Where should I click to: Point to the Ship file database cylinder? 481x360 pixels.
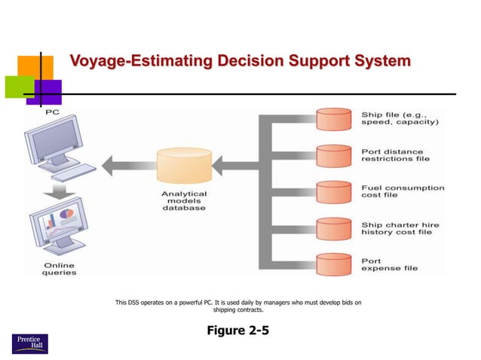click(x=334, y=119)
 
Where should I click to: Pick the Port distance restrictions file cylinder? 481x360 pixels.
click(x=334, y=155)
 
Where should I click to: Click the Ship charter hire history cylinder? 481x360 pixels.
click(x=334, y=227)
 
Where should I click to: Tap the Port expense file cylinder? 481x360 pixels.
click(x=334, y=264)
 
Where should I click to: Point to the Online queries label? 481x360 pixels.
click(x=59, y=268)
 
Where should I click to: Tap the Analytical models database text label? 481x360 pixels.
click(x=183, y=200)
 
